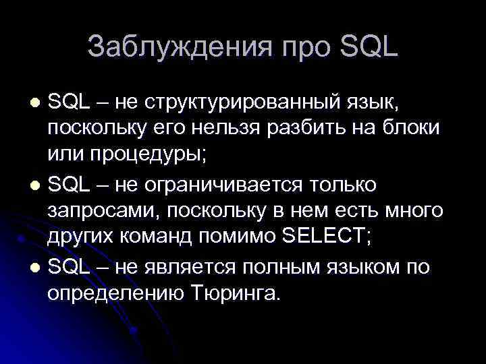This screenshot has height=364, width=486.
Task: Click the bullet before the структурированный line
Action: [36, 102]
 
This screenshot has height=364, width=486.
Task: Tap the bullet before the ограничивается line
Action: [36, 185]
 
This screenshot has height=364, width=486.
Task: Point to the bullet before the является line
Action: [36, 268]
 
